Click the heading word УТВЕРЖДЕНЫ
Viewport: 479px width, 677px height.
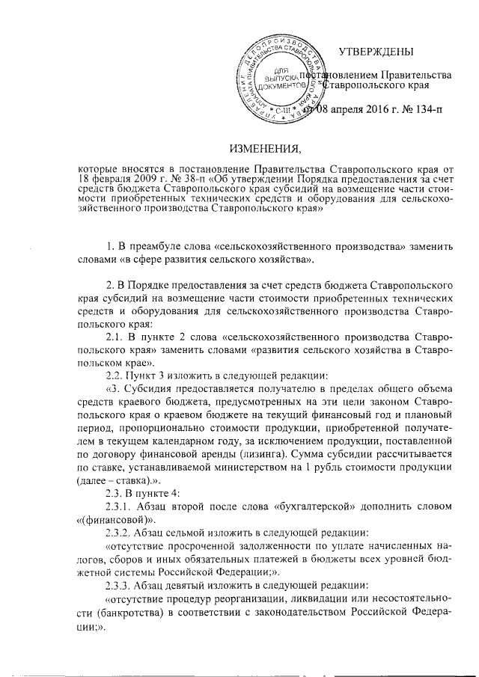[376, 51]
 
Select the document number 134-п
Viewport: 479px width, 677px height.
[424, 111]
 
